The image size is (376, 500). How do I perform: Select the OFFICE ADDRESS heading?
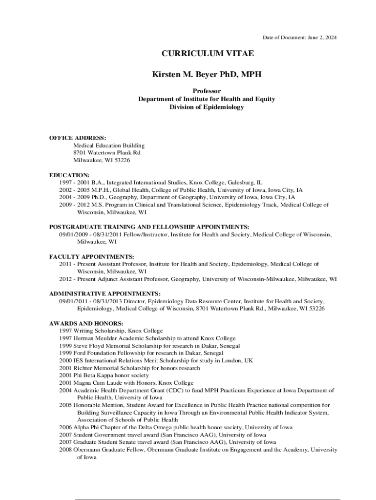coord(78,138)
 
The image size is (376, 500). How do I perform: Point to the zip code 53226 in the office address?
coord(122,160)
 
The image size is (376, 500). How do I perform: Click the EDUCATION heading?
coord(69,175)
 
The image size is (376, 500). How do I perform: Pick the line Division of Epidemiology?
coord(207,107)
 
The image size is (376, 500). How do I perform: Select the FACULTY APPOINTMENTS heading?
coord(92,256)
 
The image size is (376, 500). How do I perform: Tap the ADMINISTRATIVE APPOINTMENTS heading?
coord(105,293)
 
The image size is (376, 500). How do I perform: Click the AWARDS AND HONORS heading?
coord(86,323)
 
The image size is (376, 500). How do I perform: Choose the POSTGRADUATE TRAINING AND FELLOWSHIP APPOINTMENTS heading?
coord(149,227)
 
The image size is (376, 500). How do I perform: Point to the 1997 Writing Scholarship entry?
coord(111,331)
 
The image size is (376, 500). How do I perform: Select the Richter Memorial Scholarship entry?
coord(129,368)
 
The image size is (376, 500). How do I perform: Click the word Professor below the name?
coord(207,91)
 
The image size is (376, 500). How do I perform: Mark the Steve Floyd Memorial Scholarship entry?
coord(149,346)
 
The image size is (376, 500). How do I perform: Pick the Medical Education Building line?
coord(109,146)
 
